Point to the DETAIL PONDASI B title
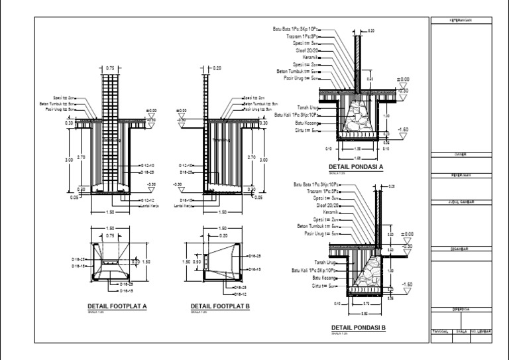pos(358,328)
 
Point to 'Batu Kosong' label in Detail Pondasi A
pos(307,123)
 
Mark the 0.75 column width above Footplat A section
pos(109,68)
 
